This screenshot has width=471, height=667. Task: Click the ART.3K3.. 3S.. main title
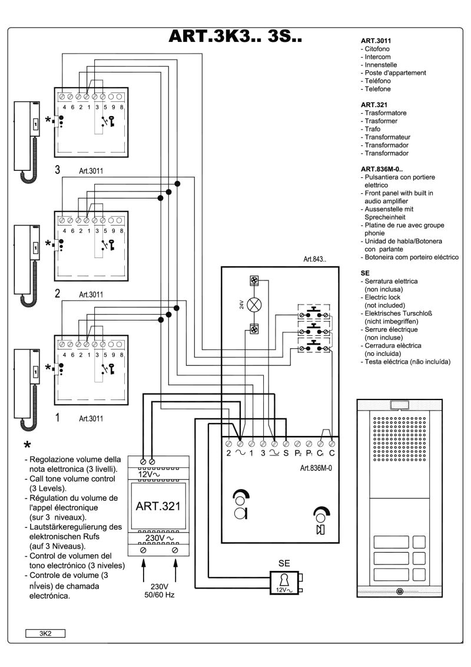[x=235, y=37]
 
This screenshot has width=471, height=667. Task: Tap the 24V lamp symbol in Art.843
[x=256, y=305]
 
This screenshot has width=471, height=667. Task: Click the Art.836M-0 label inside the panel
[x=310, y=455]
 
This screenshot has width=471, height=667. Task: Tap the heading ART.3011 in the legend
[x=372, y=41]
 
